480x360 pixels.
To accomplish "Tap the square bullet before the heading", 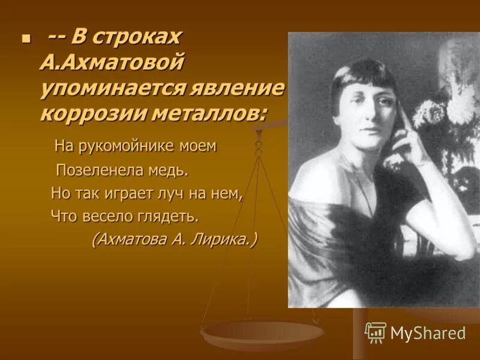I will (25, 39).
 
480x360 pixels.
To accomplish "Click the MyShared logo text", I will (428, 333).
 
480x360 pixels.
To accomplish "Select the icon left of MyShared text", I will (375, 332).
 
